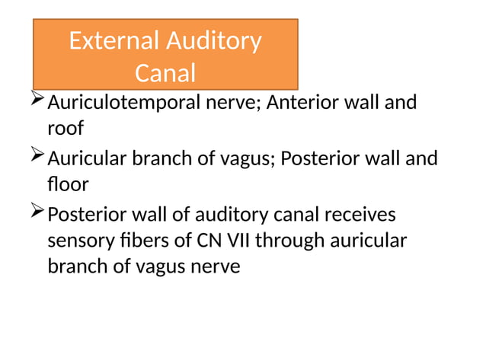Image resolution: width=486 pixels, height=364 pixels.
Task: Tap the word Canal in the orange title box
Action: [165, 74]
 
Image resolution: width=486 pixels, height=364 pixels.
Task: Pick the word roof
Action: [65, 128]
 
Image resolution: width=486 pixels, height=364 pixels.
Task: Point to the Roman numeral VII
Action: [236, 241]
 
